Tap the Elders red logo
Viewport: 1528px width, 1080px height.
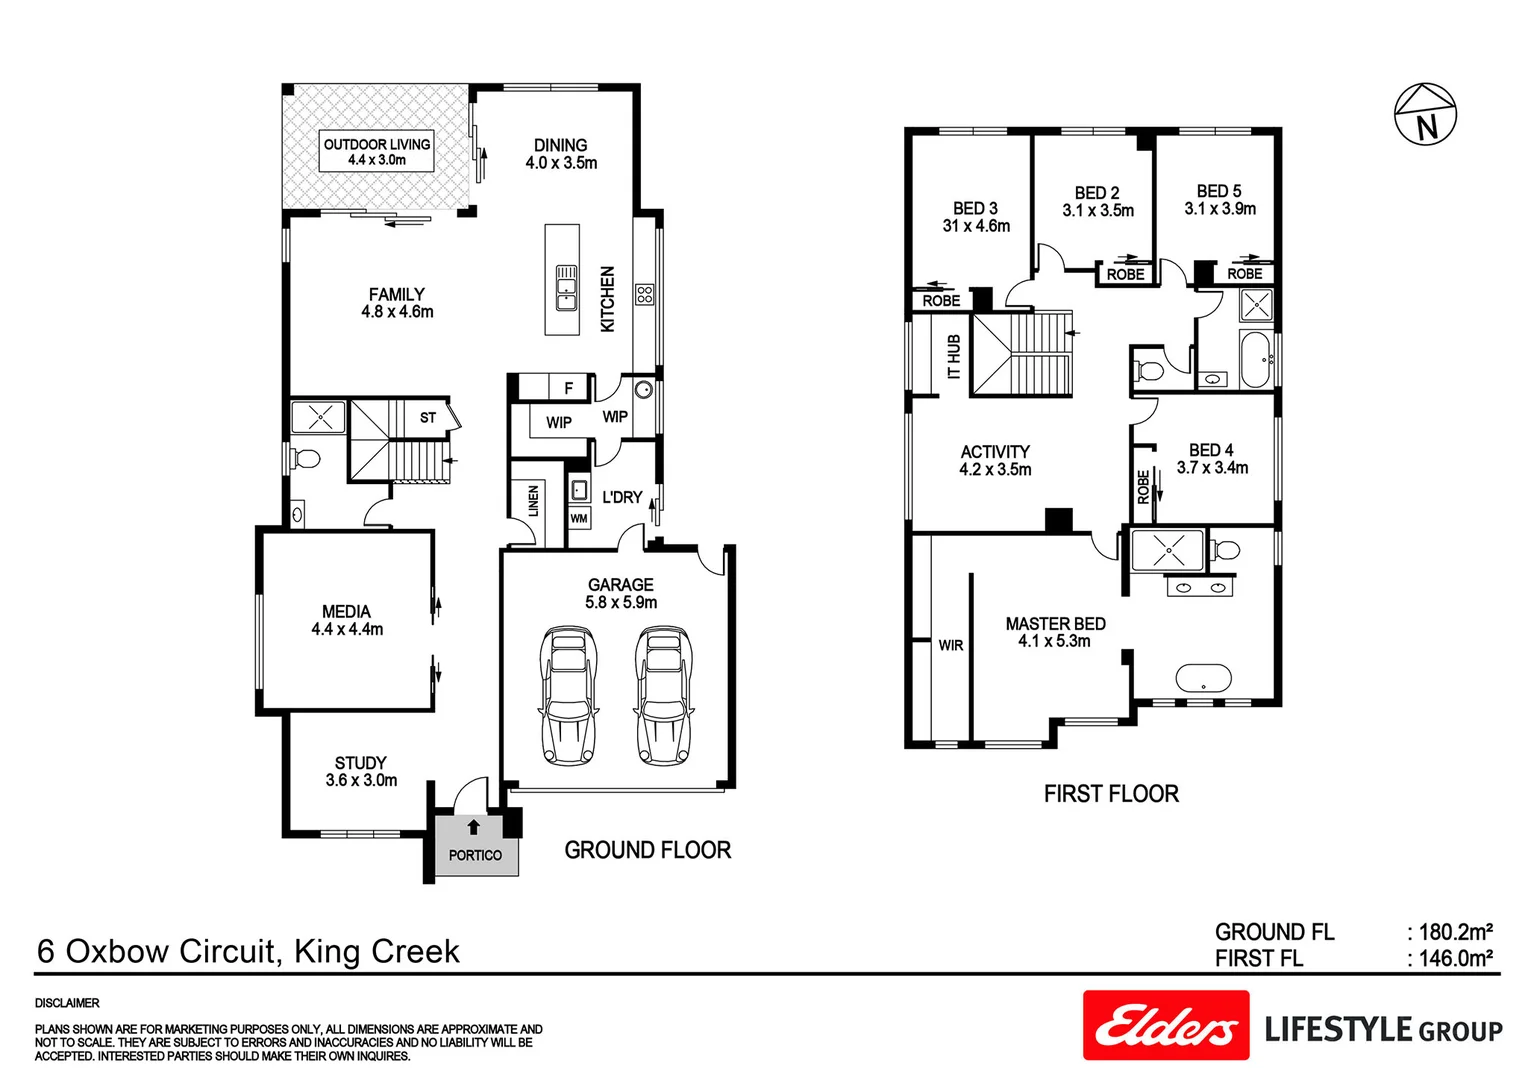(x=1166, y=1025)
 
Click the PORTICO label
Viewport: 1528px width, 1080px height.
(x=475, y=855)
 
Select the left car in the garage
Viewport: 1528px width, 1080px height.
(x=568, y=695)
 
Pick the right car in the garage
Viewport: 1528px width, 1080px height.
(x=664, y=695)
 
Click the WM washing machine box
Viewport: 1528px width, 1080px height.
(x=579, y=519)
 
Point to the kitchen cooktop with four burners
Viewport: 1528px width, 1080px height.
(x=645, y=294)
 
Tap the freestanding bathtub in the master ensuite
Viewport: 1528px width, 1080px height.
(x=1203, y=679)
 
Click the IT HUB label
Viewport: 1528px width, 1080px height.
(x=954, y=356)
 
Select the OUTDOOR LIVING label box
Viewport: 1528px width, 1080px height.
(x=377, y=151)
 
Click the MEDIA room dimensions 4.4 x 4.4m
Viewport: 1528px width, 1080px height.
(x=347, y=629)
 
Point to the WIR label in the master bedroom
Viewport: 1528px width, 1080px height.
(x=950, y=645)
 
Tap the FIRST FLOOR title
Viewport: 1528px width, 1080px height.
(x=1111, y=793)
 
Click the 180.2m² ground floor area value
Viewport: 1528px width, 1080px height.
(x=1456, y=932)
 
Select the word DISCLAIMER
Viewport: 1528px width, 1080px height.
(x=67, y=1003)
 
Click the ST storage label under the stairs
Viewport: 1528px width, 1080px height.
(x=428, y=418)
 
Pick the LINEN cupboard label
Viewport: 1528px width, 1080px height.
(x=533, y=500)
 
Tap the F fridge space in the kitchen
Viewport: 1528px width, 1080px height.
(x=569, y=389)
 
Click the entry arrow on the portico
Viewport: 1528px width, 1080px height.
(x=473, y=827)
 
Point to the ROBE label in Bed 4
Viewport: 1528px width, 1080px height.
(x=1143, y=486)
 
